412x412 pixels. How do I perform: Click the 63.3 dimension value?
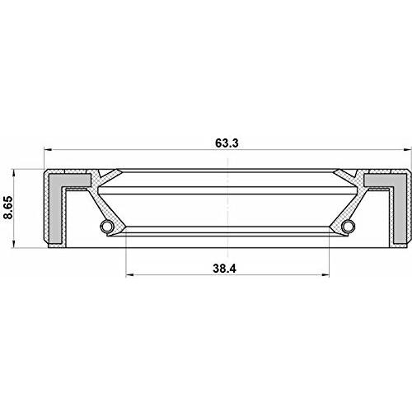pos(227,143)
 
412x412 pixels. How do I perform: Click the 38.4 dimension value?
pos(224,269)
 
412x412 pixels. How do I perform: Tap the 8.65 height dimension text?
pos(7,208)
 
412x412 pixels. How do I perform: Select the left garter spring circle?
pos(106,226)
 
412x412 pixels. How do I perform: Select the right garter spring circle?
pos(349,226)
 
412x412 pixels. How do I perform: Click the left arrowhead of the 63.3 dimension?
pos(48,150)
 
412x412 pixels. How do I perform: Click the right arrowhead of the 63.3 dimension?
pos(408,150)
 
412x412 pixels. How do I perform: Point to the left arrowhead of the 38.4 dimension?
pos(129,274)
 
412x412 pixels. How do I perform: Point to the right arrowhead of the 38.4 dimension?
pos(325,274)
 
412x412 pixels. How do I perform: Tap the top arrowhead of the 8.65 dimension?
pos(14,174)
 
